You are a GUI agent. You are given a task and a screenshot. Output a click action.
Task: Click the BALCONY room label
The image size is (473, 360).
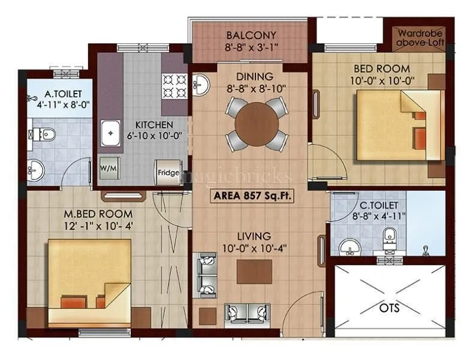[252, 34]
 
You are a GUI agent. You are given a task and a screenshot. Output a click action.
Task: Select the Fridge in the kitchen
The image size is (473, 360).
[168, 172]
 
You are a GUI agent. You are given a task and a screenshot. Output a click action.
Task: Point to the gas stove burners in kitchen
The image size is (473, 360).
[175, 85]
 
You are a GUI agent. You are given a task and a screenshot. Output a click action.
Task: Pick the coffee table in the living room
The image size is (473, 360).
[254, 272]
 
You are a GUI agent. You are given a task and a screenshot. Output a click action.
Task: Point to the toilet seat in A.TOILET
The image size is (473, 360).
[46, 134]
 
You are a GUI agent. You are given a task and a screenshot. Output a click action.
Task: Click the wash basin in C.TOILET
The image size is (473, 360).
[347, 246]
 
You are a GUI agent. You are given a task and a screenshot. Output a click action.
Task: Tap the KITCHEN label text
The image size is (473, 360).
[153, 124]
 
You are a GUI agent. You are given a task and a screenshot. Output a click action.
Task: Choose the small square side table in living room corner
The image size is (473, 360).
[208, 315]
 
